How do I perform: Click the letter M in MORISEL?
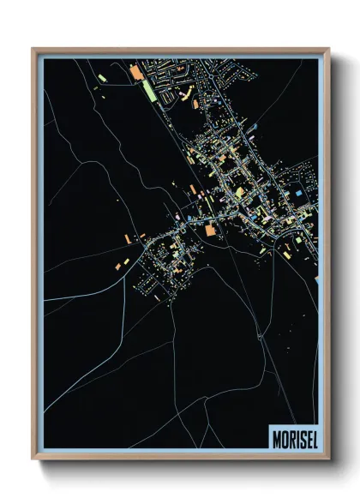click(x=277, y=436)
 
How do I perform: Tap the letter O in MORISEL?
click(x=285, y=436)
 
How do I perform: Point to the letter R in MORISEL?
click(x=291, y=436)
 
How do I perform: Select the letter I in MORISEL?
click(x=297, y=436)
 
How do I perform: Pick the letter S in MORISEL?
click(x=302, y=436)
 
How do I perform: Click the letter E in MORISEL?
click(x=308, y=436)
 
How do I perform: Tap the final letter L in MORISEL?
click(x=314, y=436)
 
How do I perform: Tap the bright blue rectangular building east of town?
click(x=298, y=195)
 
